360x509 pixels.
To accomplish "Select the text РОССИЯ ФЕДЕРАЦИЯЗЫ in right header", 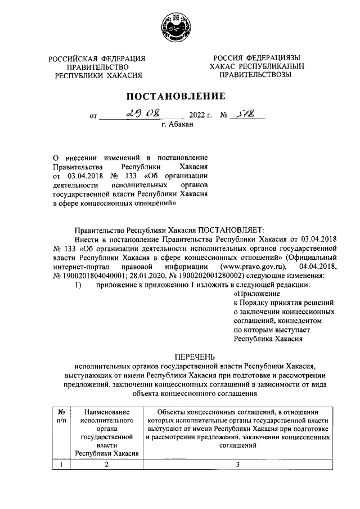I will click(x=256, y=57).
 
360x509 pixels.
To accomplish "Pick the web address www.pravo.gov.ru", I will click(x=255, y=265).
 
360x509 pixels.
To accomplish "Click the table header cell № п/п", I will click(x=61, y=416).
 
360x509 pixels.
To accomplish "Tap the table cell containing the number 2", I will click(x=106, y=464).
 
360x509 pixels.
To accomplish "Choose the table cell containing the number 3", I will click(x=238, y=464).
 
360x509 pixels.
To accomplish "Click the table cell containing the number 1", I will click(x=61, y=464).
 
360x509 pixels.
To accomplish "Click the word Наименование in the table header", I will click(x=106, y=412).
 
